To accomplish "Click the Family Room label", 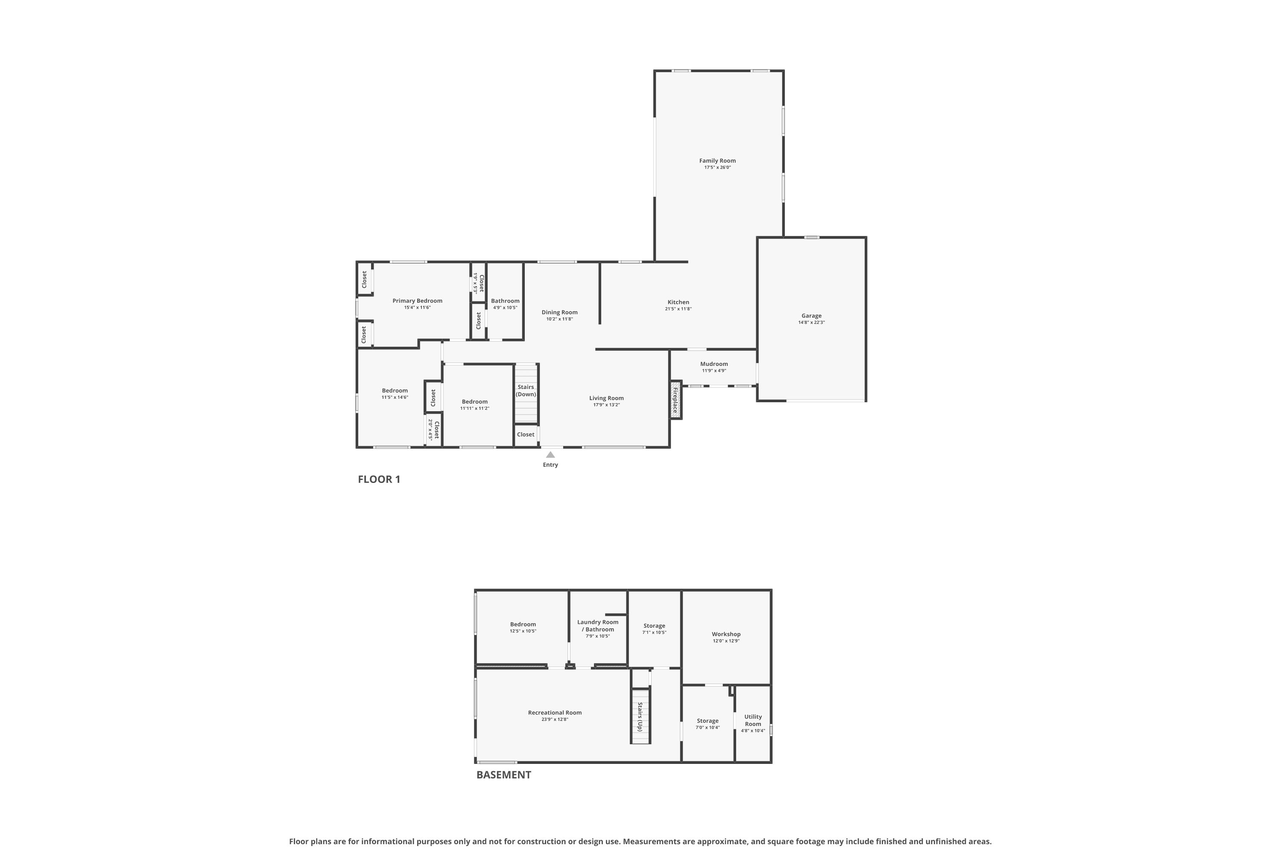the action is click(717, 161).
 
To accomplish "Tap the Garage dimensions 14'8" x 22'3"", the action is click(812, 322).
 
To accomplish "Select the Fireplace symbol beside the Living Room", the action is click(676, 399).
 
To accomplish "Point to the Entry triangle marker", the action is click(551, 455).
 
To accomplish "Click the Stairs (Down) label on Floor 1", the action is click(526, 391).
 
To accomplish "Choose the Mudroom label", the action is click(714, 364).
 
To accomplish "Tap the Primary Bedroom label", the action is click(417, 301).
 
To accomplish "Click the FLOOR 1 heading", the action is click(379, 479).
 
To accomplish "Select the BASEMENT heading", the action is click(504, 775).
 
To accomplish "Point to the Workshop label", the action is click(726, 634).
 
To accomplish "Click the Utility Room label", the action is click(753, 720).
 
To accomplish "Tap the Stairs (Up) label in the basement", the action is click(640, 717).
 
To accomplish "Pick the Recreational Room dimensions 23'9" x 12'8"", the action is click(555, 719).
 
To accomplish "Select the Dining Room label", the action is click(559, 313).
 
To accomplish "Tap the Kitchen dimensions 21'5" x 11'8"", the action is click(679, 309).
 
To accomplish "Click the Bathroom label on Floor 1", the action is click(506, 301).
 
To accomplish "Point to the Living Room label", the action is click(606, 398).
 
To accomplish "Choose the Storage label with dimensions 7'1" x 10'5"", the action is click(654, 626).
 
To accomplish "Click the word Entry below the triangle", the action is click(551, 465).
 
